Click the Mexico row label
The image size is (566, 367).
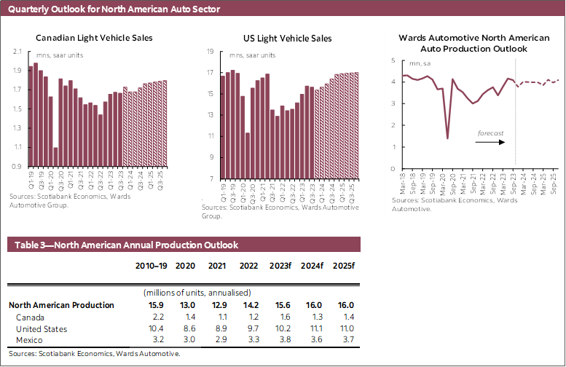click(29, 340)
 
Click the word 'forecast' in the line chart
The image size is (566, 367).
click(490, 134)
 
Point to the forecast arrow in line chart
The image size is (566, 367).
click(489, 143)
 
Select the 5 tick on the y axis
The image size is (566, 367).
click(393, 60)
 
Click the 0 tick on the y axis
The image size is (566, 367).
click(393, 168)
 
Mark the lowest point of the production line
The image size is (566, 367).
click(447, 138)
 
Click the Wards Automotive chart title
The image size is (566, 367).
click(473, 43)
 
